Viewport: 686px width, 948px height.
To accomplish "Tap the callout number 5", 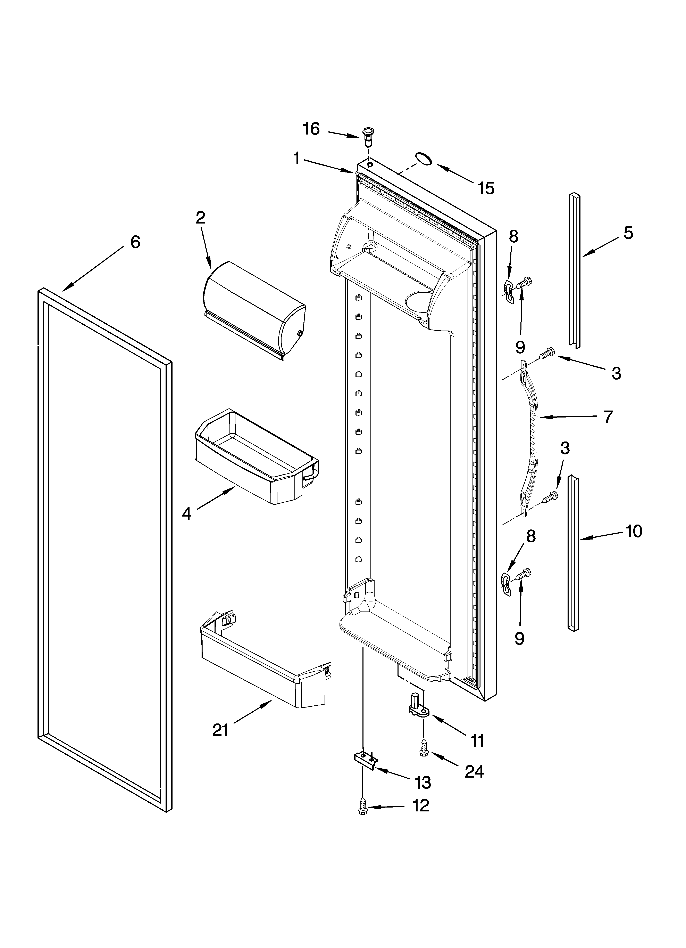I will pos(628,233).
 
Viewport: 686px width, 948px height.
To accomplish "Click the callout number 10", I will pos(634,531).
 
